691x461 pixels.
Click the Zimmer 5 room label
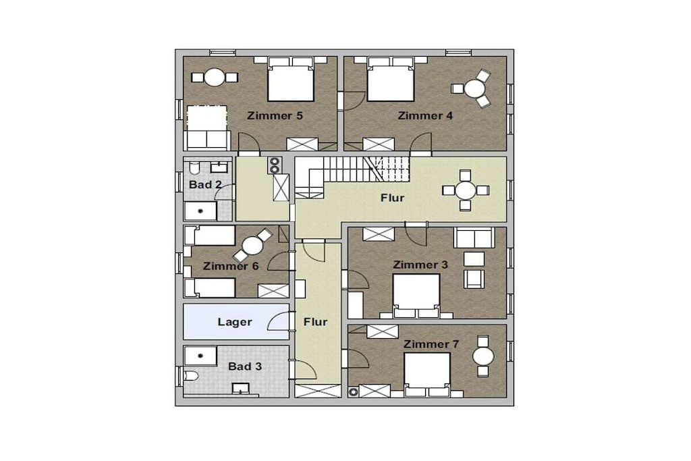275,116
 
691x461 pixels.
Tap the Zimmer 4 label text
425,116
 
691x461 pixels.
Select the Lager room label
235,322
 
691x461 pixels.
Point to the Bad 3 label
245,367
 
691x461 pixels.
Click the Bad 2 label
205,185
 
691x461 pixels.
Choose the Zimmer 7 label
431,344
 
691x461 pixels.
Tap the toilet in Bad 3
191,376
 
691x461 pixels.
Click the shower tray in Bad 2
200,211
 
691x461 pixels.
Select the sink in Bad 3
241,389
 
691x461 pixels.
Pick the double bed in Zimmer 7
427,375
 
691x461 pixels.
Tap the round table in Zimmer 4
474,88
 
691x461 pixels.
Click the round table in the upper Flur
466,190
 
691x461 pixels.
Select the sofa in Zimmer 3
474,238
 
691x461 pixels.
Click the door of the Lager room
279,321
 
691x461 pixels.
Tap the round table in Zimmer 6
252,246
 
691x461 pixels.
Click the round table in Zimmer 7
483,356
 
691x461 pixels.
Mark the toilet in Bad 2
194,167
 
